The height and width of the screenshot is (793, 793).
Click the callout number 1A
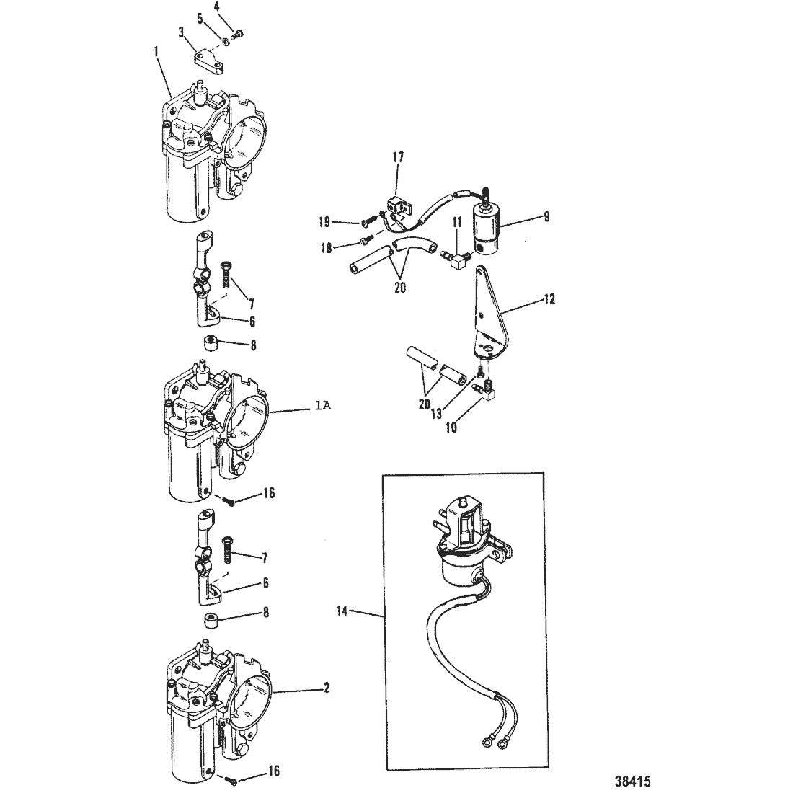322,406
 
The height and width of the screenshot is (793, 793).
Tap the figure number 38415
633,781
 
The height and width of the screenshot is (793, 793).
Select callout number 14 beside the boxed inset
342,611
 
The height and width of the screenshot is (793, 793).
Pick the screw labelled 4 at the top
236,35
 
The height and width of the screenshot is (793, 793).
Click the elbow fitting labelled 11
458,260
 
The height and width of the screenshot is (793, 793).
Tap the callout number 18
327,248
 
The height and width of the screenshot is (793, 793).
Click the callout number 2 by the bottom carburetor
327,687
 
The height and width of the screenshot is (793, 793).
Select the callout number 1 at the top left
156,52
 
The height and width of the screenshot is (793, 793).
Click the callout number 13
436,414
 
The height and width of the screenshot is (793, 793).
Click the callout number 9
546,216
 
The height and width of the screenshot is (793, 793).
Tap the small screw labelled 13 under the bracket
480,373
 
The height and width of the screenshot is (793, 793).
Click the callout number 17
398,157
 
